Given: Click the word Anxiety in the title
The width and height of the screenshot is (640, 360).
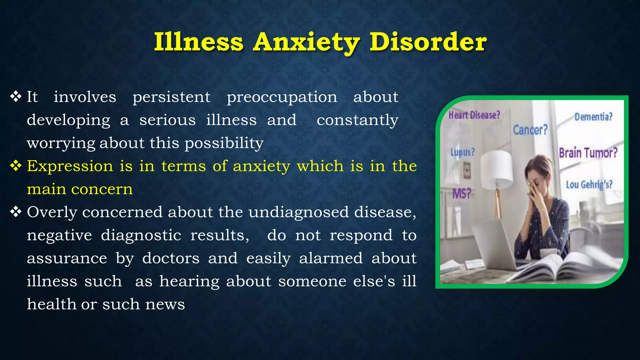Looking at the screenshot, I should pyautogui.click(x=306, y=42).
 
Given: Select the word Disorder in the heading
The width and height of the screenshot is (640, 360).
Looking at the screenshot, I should pyautogui.click(x=428, y=42).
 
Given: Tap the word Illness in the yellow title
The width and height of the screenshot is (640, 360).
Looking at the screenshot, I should pyautogui.click(x=199, y=42).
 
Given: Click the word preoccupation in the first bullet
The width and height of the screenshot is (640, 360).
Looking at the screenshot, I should pyautogui.click(x=282, y=97).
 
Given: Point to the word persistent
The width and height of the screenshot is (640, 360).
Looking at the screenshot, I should pyautogui.click(x=171, y=97).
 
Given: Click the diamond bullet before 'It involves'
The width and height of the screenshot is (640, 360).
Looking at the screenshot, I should pyautogui.click(x=16, y=97).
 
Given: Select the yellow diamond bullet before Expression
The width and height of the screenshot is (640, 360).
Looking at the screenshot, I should pyautogui.click(x=16, y=166).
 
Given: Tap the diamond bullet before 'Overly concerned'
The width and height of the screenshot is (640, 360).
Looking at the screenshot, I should pyautogui.click(x=16, y=212).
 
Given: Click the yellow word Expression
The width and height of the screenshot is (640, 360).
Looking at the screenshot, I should pyautogui.click(x=70, y=166).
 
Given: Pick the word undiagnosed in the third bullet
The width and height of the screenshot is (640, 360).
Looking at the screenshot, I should pyautogui.click(x=298, y=212).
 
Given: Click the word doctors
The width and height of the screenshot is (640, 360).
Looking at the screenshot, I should pyautogui.click(x=171, y=258).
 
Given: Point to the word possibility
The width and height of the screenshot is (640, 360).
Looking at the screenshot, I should pyautogui.click(x=224, y=143).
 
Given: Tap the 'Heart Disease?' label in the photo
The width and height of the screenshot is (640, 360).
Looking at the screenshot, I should pyautogui.click(x=474, y=115).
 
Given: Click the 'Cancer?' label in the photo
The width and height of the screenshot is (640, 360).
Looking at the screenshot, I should pyautogui.click(x=530, y=130).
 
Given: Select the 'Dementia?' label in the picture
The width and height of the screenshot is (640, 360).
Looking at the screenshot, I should pyautogui.click(x=593, y=117).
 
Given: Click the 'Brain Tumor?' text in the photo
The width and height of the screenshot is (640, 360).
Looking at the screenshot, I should pyautogui.click(x=588, y=153).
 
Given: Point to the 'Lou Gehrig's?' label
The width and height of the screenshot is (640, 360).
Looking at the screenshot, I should pyautogui.click(x=589, y=184).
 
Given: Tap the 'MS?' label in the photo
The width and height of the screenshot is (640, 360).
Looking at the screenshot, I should pyautogui.click(x=462, y=194).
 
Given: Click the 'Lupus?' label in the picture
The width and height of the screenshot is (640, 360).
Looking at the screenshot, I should pyautogui.click(x=462, y=152).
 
